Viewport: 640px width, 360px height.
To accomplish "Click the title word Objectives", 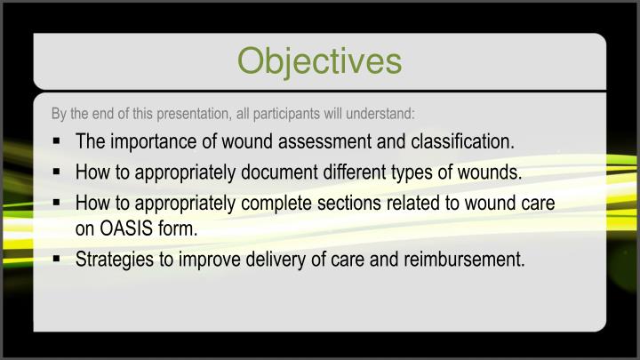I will click(319, 60).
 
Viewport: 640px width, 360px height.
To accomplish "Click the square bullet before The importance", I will click(56, 141).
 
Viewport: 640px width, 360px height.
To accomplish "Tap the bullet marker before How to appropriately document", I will click(56, 172).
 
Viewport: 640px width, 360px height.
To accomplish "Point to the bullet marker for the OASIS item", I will click(56, 203).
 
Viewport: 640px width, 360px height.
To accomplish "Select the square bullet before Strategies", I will click(56, 260).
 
